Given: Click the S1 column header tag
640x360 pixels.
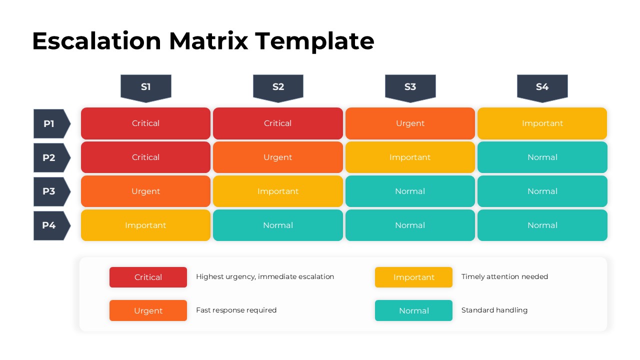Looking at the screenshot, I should point(145,87).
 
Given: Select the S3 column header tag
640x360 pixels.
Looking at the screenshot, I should point(410,87).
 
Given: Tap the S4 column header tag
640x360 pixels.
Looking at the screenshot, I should point(542,87).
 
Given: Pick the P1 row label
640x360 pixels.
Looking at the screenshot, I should point(50,123).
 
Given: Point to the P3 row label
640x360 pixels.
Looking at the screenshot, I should point(50,191).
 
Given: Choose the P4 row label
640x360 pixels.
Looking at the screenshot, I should point(50,225).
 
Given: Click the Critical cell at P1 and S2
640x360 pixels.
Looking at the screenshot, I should point(277,123).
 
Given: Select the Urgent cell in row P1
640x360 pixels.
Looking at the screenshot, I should point(410,123).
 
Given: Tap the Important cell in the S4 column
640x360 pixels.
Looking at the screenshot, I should point(542,123).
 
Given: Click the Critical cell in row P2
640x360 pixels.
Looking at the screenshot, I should point(145,157).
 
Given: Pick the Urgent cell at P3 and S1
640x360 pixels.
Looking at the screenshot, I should point(145,191).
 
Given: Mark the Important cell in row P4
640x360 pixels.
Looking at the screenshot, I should point(145,225).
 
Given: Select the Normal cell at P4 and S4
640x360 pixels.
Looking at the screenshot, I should point(542,225).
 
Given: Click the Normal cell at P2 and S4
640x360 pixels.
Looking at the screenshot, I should point(542,157).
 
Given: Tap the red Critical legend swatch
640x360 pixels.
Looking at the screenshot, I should point(148,277).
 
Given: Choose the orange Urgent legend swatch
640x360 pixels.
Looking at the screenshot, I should point(148,310).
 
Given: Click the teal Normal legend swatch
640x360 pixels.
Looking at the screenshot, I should point(413,310).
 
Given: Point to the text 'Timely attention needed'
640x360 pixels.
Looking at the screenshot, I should point(504,276).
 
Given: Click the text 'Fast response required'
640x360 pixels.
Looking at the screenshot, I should point(236,310).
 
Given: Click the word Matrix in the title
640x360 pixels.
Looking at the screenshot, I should point(208,41).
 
